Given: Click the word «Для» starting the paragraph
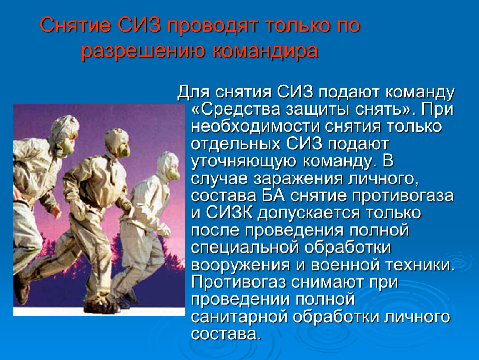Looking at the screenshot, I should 193,92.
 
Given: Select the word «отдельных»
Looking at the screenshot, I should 236,144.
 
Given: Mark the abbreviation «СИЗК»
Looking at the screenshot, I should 227,213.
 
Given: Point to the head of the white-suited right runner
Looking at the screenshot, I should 169,165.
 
